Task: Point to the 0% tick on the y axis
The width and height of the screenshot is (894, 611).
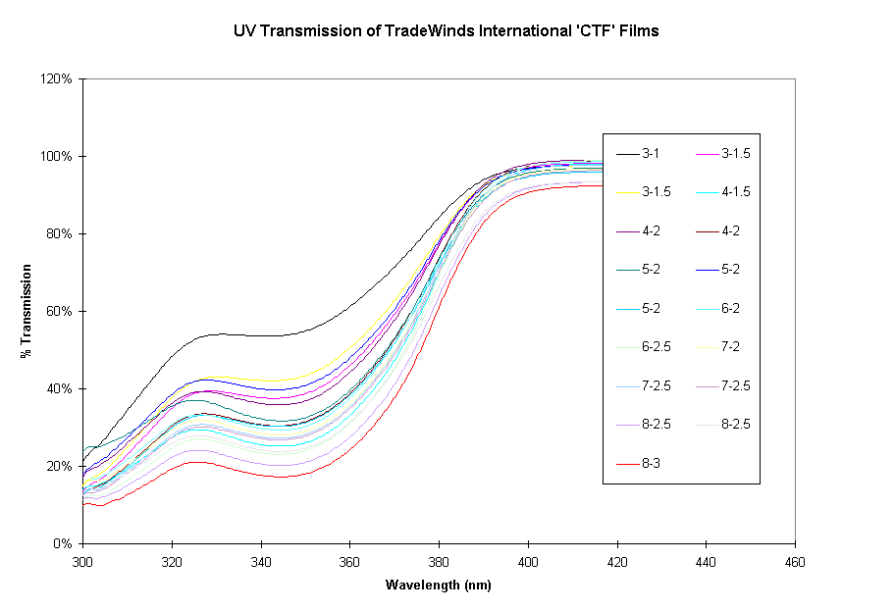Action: [64, 543]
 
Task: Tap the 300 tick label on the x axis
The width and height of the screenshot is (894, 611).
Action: [82, 563]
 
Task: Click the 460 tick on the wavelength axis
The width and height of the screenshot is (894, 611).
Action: [795, 563]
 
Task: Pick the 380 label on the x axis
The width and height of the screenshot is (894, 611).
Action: [439, 563]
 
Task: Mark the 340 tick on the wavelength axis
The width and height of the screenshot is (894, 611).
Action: [261, 563]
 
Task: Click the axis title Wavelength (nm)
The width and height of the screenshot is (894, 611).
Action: [438, 586]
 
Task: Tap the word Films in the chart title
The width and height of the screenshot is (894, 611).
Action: [638, 30]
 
